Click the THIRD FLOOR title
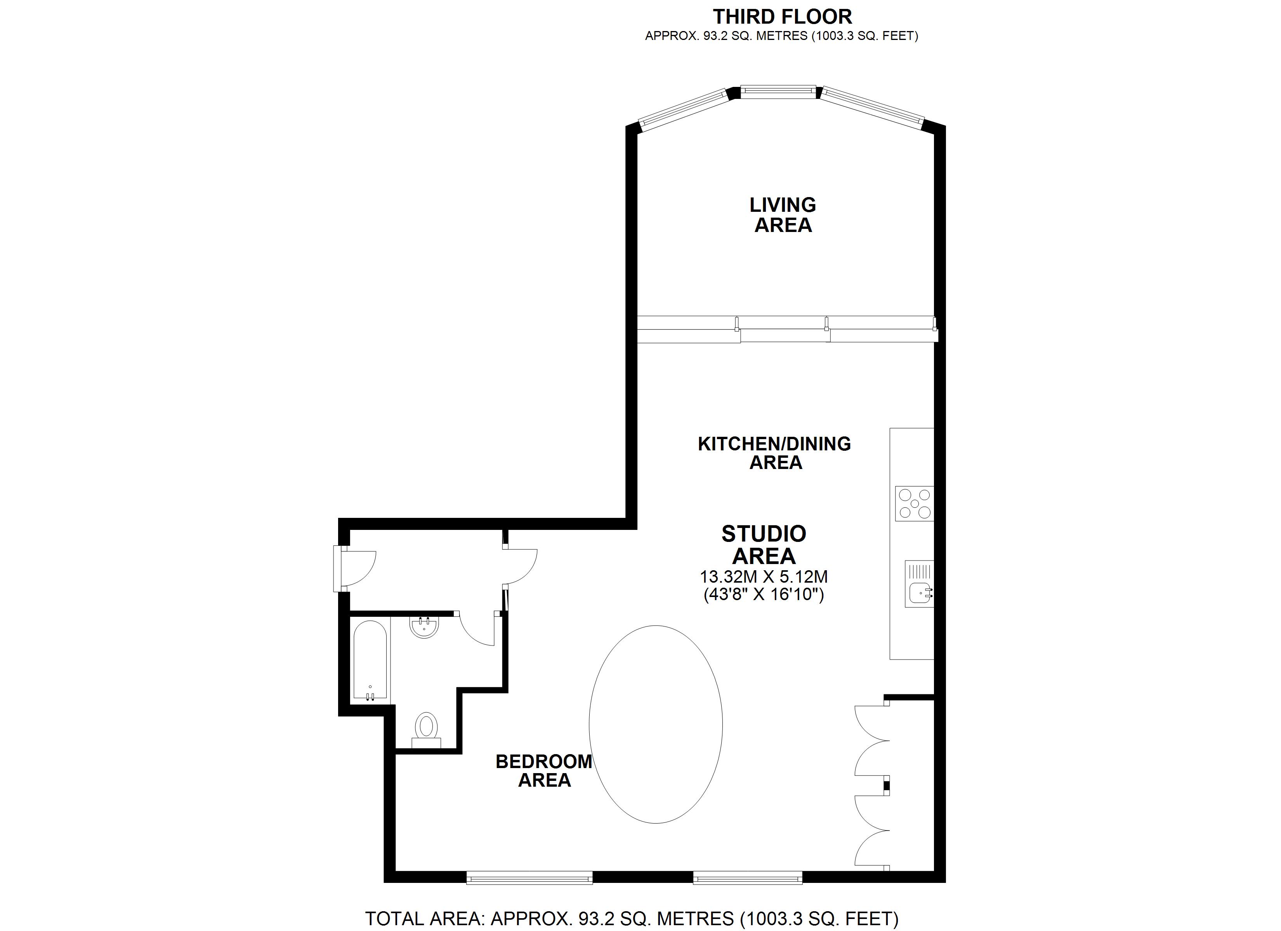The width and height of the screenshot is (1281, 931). [782, 16]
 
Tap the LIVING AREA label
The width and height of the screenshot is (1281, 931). [783, 215]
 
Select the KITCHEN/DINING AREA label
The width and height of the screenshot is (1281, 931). [774, 453]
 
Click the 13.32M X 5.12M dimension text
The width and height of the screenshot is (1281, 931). [764, 577]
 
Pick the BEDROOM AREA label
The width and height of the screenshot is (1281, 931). [544, 771]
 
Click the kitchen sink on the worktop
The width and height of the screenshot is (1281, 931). [919, 584]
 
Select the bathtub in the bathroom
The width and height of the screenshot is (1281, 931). [370, 661]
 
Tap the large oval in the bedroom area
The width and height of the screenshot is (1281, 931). [656, 724]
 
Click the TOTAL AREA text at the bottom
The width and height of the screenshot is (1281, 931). [632, 919]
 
